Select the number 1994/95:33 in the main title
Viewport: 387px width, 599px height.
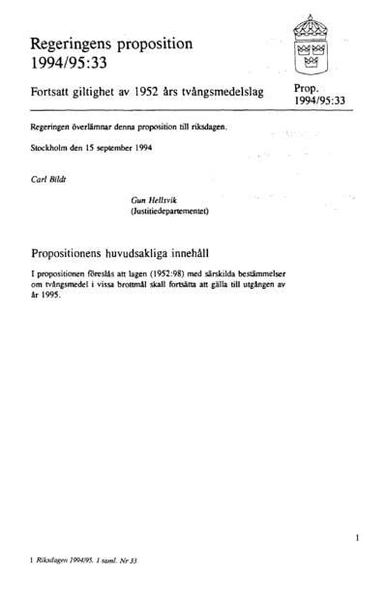tap(67, 65)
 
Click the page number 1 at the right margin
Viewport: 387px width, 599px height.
tap(357, 535)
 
